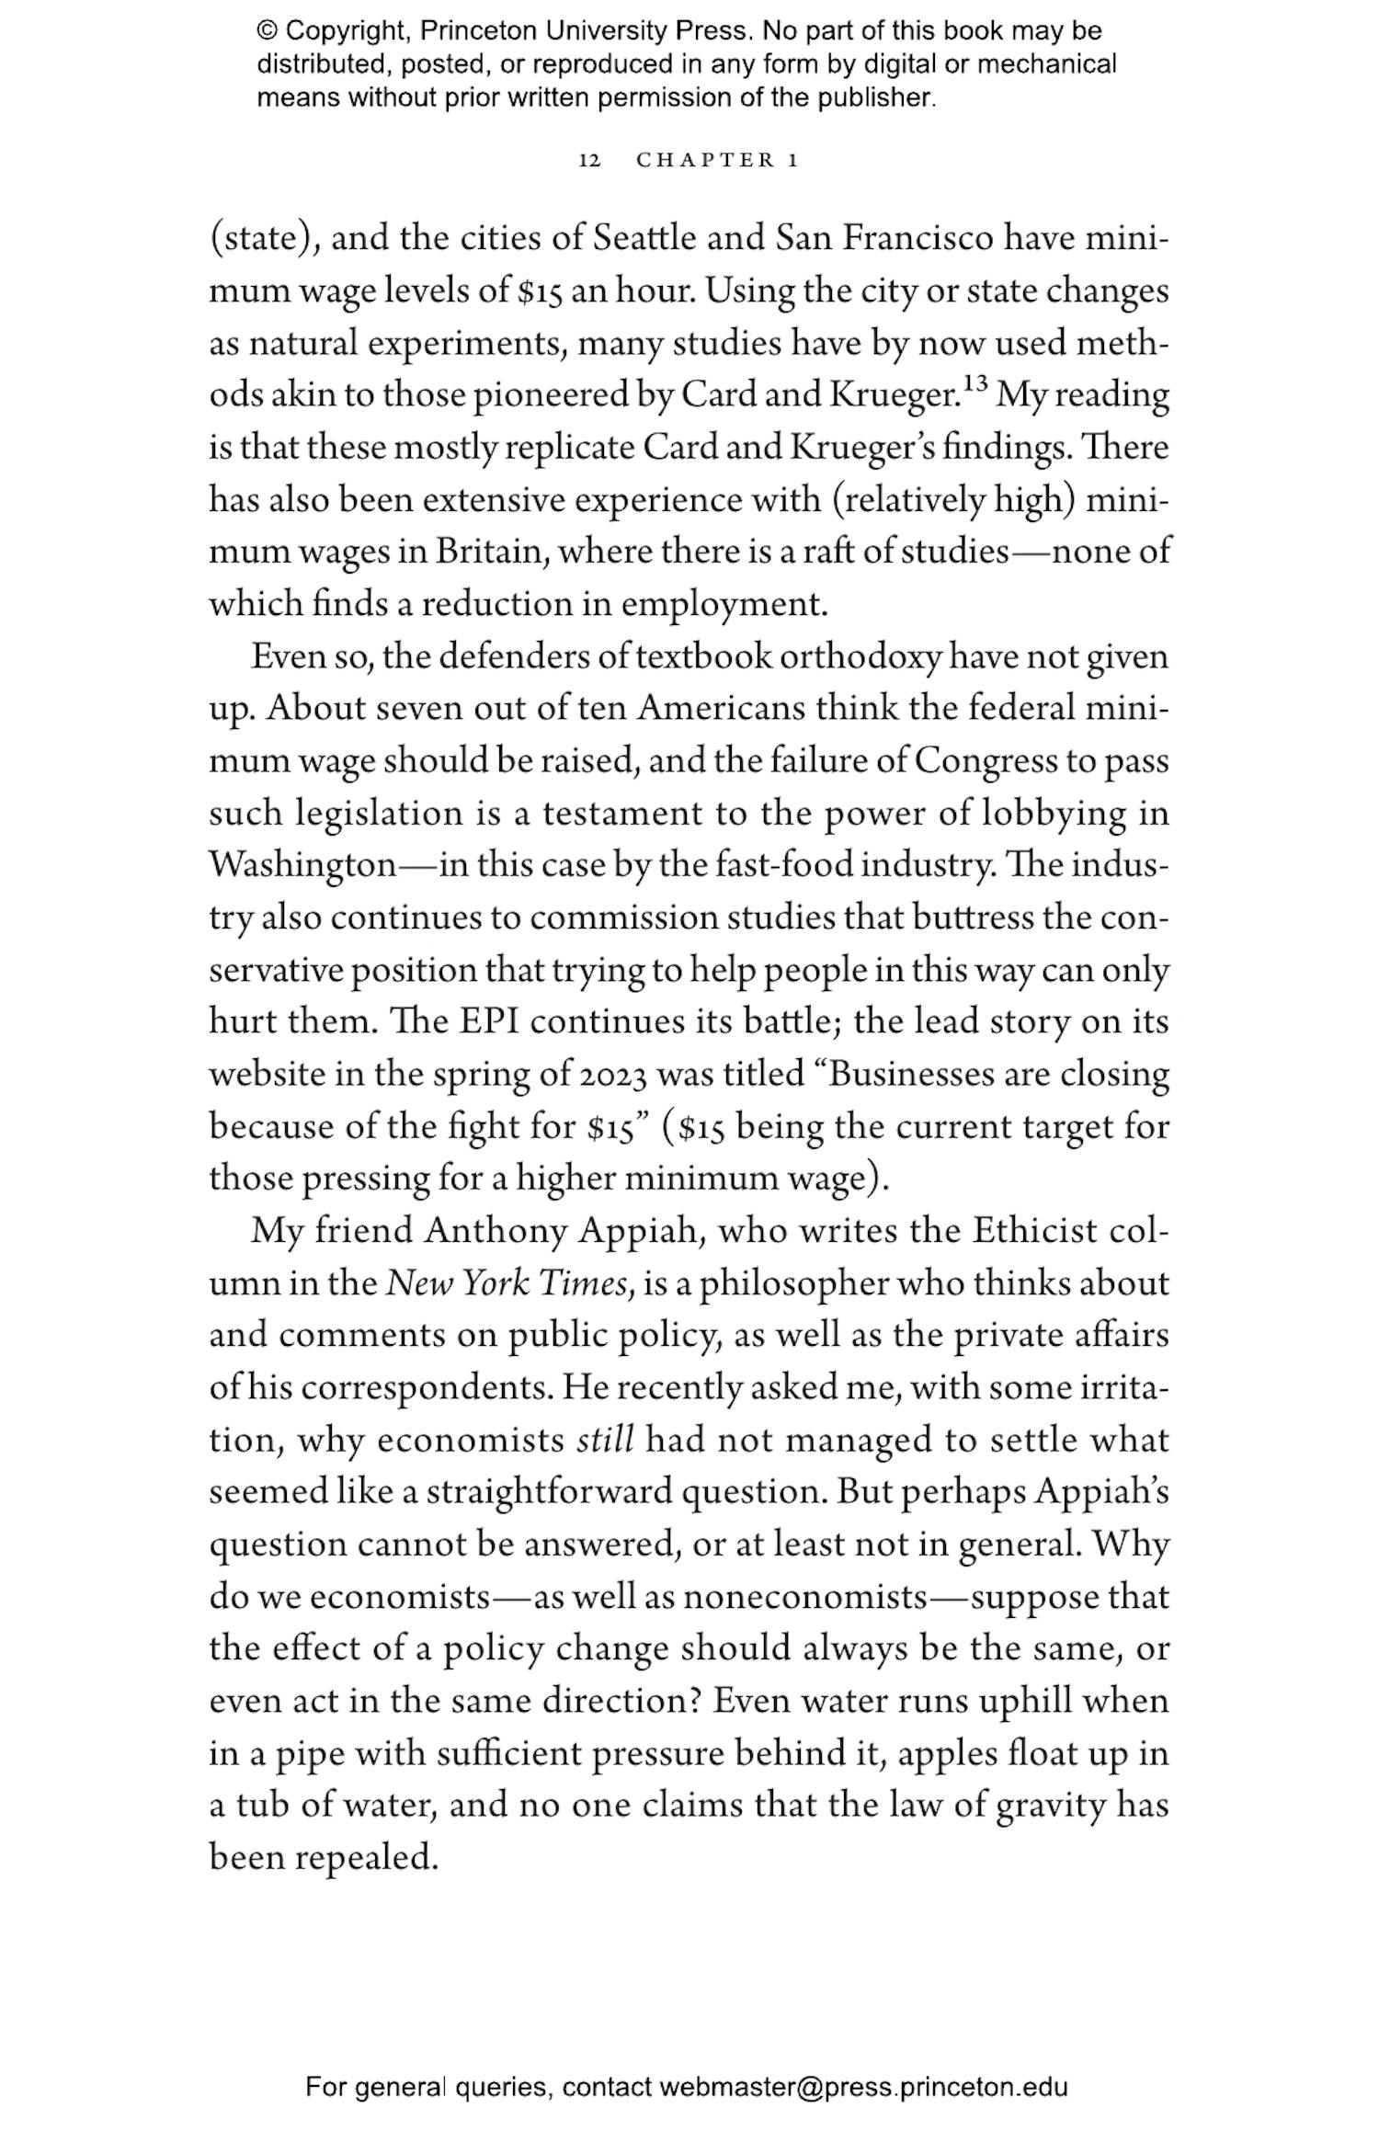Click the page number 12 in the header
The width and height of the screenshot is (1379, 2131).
coord(589,161)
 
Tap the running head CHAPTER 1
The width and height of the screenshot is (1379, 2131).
coord(717,161)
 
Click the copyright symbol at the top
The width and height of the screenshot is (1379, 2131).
coord(267,31)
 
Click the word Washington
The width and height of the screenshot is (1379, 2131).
coord(302,867)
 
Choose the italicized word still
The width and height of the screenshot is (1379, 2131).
coord(605,1440)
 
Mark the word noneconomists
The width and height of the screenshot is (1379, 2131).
coord(805,1597)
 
